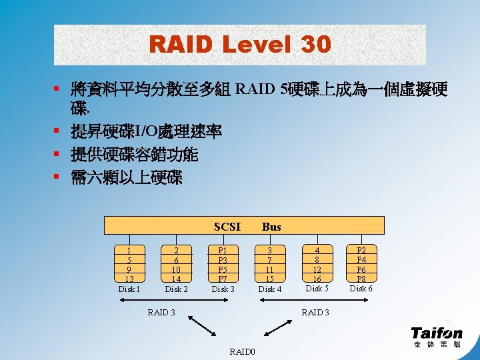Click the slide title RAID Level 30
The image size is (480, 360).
point(240,45)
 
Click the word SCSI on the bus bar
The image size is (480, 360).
point(227,227)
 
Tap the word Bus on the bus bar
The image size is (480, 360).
point(271,227)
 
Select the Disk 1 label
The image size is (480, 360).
point(129,289)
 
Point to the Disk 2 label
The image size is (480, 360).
point(176,289)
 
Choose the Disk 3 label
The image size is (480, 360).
point(223,289)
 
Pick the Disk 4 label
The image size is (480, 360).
point(270,289)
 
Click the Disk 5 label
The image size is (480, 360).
point(317,289)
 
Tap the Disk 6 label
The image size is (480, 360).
point(361,289)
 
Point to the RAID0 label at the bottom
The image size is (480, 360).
point(241,351)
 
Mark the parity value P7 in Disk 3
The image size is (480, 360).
point(223,278)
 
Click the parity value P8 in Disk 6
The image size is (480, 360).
point(361,278)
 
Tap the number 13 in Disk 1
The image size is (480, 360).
point(129,279)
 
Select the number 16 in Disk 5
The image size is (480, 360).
point(317,278)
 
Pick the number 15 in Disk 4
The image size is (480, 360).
point(270,278)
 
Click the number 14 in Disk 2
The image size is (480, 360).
point(176,279)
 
